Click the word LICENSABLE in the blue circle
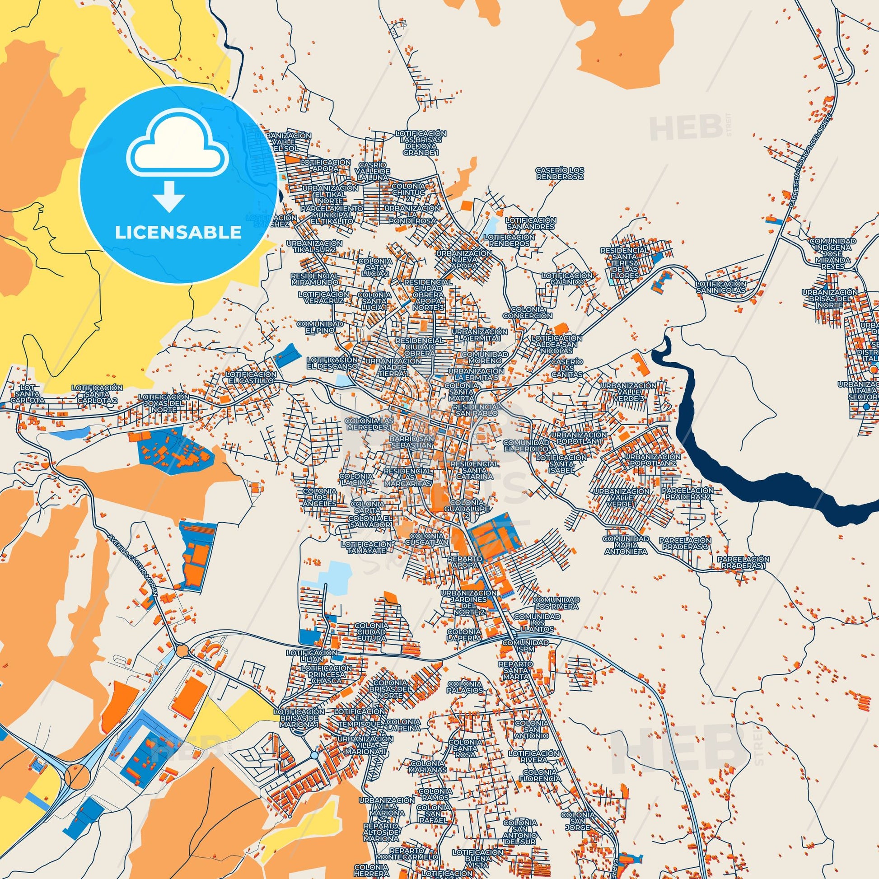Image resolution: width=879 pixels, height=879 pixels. (x=178, y=232)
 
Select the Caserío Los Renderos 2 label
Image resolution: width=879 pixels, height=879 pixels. (x=560, y=173)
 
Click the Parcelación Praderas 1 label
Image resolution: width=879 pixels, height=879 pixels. (x=743, y=561)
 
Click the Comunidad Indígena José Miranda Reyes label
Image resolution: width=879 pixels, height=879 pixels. (x=832, y=254)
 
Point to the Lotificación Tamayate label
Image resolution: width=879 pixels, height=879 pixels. (x=366, y=547)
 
